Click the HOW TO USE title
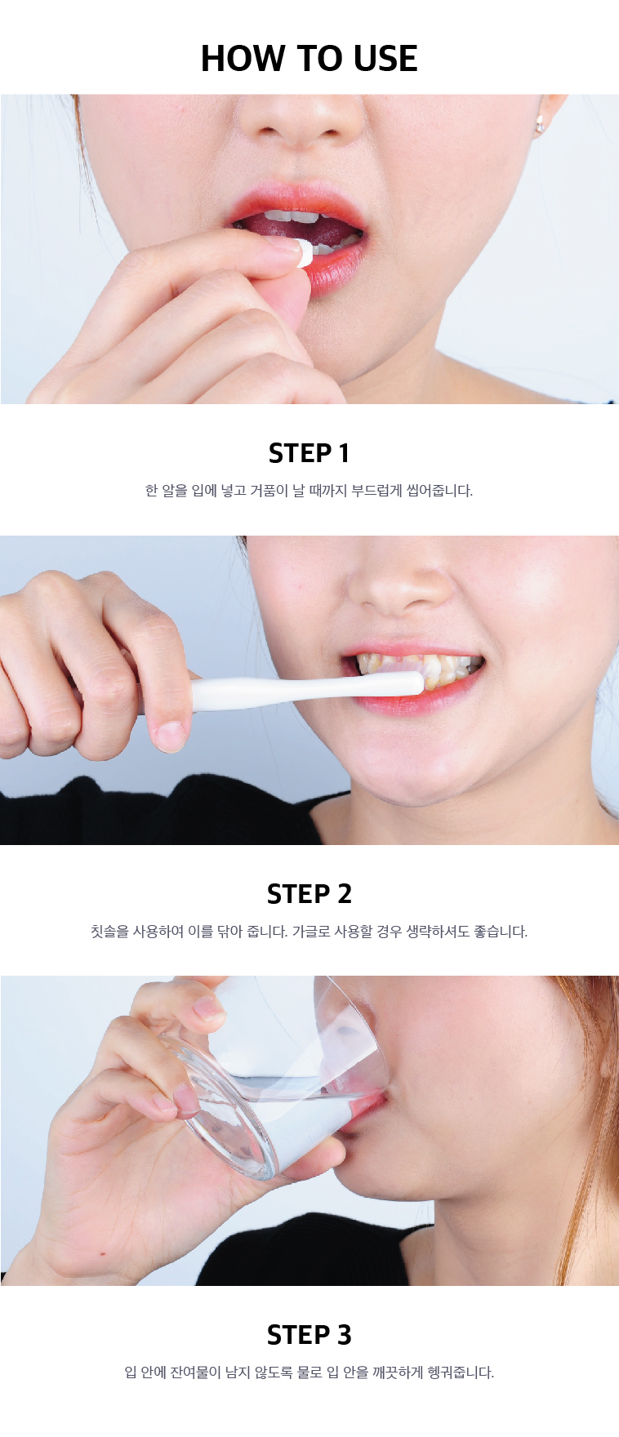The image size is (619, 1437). click(x=309, y=59)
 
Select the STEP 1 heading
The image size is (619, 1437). click(x=309, y=453)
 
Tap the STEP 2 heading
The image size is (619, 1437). click(x=309, y=894)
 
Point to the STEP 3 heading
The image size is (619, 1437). click(x=309, y=1335)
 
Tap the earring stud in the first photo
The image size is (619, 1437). click(x=540, y=125)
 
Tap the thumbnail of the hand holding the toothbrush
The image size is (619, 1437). click(x=171, y=736)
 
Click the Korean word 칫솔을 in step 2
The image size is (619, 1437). click(x=109, y=932)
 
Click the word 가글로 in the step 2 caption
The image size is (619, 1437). click(x=310, y=932)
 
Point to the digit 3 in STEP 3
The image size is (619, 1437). click(x=345, y=1335)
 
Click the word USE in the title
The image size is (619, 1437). click(x=385, y=59)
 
